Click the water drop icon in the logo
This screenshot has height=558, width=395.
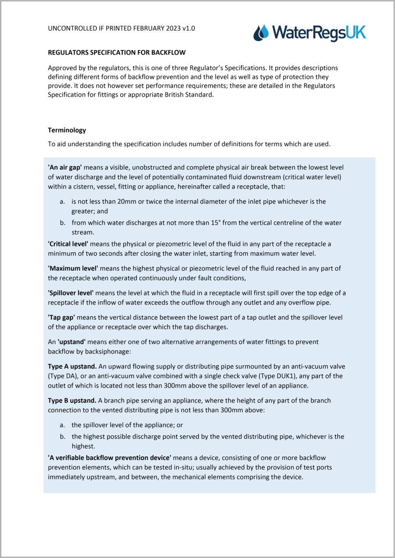coord(261,33)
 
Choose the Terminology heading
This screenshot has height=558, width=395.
coord(67,130)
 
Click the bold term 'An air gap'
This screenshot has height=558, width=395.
coord(65,167)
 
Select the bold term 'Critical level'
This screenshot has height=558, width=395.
coord(68,244)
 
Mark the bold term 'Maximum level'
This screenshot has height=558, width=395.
coord(73,268)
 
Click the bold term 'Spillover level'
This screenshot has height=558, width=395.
coord(71,293)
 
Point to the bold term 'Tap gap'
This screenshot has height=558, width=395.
coord(62,317)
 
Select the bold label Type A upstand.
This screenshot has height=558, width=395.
coord(72,366)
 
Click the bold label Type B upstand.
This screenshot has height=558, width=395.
coord(72,400)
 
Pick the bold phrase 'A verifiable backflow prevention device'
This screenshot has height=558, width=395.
coord(109,458)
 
